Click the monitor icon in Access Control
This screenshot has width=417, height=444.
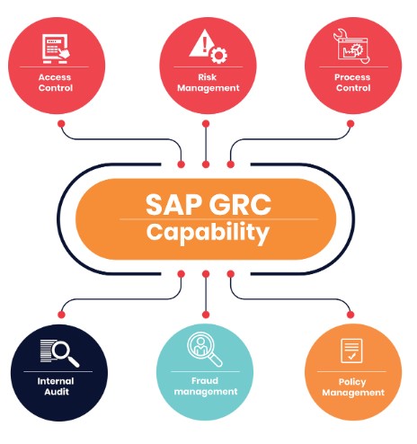coord(56,49)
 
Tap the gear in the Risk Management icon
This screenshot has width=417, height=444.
coord(218,55)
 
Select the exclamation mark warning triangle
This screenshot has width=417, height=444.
coord(201,42)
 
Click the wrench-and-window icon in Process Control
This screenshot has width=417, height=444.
coord(352,46)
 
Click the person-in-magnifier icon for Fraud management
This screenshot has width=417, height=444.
coord(205,350)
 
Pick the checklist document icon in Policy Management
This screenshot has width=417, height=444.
coord(351,351)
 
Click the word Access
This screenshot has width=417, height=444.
coord(55,77)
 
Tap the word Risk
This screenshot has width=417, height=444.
coord(208,77)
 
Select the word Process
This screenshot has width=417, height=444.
coord(352,77)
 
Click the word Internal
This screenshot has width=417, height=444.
coord(56,381)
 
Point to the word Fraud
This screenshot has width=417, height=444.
coord(205,381)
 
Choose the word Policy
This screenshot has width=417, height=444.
coord(352,382)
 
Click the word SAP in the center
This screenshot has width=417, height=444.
coord(173,205)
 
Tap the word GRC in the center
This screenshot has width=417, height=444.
coord(240,205)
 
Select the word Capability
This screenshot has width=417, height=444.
coord(208,233)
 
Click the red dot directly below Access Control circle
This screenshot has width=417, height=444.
coord(61,124)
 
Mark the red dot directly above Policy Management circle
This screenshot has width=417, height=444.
coord(350,315)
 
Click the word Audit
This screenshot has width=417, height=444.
coord(57,392)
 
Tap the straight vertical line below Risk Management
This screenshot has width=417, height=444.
coord(206,144)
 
